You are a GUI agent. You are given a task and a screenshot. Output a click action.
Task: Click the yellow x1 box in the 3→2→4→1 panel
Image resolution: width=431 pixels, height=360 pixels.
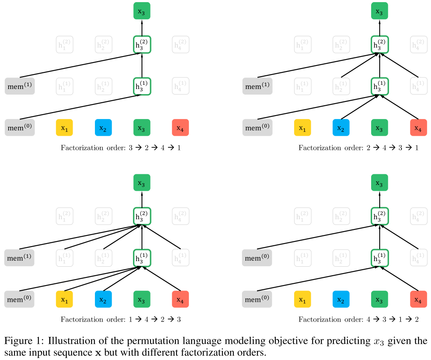point(65,128)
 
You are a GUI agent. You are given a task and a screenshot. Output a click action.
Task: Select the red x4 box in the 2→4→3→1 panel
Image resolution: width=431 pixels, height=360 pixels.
point(418,128)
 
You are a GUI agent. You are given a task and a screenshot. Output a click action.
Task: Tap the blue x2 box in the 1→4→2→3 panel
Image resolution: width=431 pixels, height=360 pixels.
point(103,299)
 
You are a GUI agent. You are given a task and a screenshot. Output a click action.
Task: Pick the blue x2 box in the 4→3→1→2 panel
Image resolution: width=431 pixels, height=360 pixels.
point(341,299)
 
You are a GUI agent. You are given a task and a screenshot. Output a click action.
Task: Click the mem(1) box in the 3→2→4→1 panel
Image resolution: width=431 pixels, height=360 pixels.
point(19,86)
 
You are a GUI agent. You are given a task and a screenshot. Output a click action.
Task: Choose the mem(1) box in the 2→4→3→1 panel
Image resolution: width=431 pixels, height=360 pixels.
point(257,86)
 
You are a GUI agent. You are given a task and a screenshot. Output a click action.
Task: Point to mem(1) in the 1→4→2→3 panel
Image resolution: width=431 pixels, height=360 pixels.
point(19,258)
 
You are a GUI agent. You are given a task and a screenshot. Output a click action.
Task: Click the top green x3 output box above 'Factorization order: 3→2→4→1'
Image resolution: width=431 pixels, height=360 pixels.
point(142,11)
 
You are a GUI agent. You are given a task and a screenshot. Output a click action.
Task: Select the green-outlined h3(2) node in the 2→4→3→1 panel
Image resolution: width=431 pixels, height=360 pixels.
point(380,45)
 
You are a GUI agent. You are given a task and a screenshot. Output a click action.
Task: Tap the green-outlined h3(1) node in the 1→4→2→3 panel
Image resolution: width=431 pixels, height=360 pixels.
point(142,258)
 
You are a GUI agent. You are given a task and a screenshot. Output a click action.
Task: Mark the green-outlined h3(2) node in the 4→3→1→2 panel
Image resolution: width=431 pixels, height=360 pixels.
point(380,216)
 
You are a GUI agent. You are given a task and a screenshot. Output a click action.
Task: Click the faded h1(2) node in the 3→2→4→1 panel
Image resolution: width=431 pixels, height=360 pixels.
point(65,45)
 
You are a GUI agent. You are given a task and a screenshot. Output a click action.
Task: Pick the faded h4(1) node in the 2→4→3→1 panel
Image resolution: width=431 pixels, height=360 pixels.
point(418,86)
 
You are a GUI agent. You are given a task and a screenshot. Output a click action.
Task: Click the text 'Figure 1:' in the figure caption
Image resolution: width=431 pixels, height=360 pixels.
point(24,341)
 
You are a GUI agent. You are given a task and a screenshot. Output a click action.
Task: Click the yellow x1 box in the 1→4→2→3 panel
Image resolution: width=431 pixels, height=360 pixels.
point(65,299)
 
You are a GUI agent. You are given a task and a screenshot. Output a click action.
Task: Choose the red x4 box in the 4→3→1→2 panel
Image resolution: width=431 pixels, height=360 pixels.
point(418,299)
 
